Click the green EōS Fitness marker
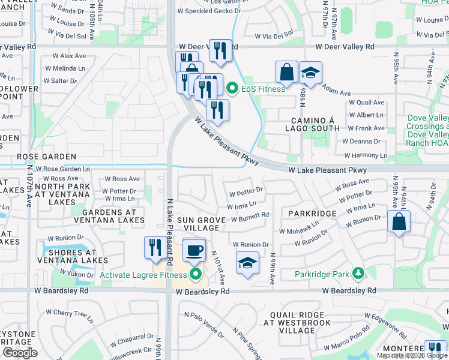coord(233,89)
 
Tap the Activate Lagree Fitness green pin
coord(196,275)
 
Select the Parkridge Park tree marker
coord(358,274)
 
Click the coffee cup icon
coord(194,250)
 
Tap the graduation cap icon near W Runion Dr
coord(247,263)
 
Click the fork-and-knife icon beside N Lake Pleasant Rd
coord(155,248)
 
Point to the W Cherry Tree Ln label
coord(74,313)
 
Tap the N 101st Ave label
coord(218,268)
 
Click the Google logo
coord(20,353)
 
